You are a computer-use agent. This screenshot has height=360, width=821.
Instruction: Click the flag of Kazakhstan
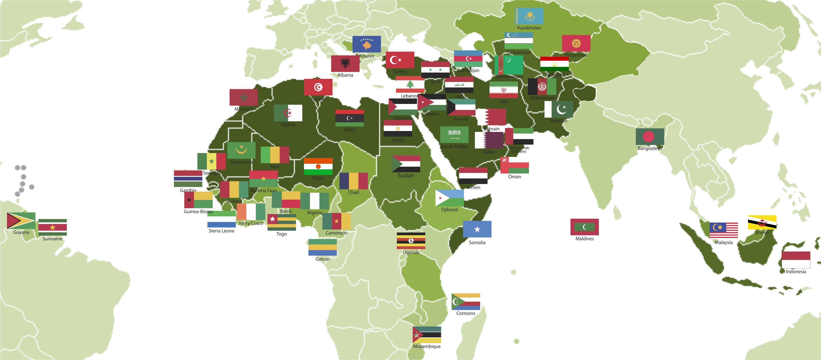(x=529, y=16)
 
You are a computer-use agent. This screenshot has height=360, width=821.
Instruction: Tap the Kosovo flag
(x=367, y=44)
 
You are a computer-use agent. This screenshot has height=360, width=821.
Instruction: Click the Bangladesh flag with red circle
(x=650, y=136)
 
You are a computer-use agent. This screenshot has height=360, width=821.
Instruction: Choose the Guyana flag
(x=21, y=221)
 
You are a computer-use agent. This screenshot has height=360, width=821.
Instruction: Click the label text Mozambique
(x=427, y=346)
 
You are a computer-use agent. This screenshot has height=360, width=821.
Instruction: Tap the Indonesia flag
(x=796, y=260)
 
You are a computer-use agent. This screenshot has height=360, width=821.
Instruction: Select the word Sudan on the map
(x=406, y=175)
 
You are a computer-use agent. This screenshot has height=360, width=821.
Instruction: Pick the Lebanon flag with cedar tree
(x=410, y=84)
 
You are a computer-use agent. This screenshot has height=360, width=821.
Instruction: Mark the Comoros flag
(x=466, y=302)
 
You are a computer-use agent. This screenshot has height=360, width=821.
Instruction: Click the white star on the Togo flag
(x=272, y=219)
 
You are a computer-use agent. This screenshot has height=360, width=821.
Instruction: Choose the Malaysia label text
(x=724, y=242)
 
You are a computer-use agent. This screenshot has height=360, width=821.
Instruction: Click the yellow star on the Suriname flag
(x=53, y=227)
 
